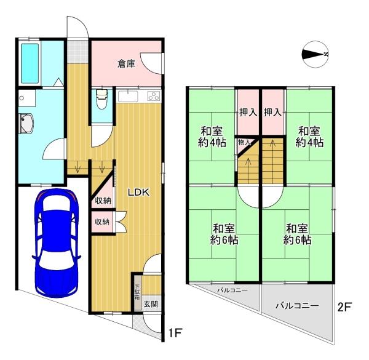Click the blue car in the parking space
point(57,242)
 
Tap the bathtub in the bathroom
point(30,63)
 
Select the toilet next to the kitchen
point(102,99)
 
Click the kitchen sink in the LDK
point(128,97)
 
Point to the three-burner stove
point(154,96)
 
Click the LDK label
point(138,193)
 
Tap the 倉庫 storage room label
point(126,63)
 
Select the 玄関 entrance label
point(151,304)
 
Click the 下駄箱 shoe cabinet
point(138,292)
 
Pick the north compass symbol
point(315,54)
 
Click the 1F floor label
point(175,333)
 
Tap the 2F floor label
point(344,307)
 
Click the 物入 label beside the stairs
point(244,142)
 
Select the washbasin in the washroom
point(26,124)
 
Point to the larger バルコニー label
point(297,306)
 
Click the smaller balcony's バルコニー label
point(232,290)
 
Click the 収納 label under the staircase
point(103,201)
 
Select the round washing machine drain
point(22,98)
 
